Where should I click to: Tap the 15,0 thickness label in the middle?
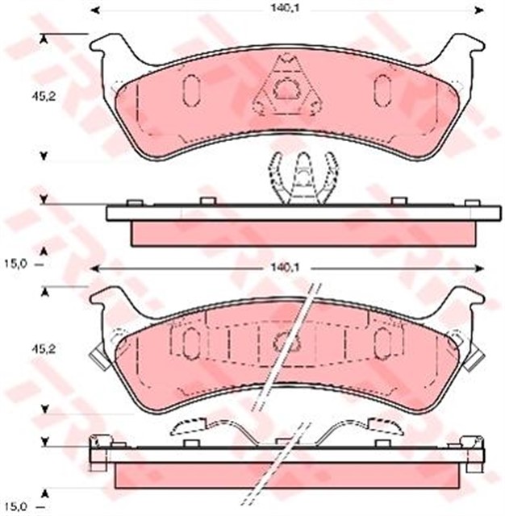click(x=16, y=262)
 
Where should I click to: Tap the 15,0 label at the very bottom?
click(x=16, y=506)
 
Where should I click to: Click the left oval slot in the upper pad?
click(x=192, y=90)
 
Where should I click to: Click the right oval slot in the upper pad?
click(x=382, y=90)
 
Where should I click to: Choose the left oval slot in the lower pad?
click(x=191, y=343)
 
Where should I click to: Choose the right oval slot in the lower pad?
click(x=382, y=343)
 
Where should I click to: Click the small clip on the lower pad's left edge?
click(x=98, y=353)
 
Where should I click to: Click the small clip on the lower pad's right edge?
click(x=476, y=353)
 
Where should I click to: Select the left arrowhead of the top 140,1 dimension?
click(x=94, y=10)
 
